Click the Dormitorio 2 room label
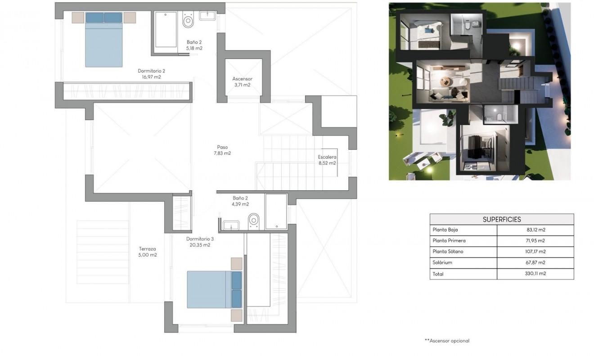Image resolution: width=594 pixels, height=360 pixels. click(151, 71)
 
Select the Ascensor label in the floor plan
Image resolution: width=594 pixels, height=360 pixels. click(242, 79)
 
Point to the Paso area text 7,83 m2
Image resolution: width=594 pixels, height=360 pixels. click(222, 153)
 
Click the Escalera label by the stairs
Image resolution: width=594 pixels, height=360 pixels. click(327, 157)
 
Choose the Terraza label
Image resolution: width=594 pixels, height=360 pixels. click(148, 249)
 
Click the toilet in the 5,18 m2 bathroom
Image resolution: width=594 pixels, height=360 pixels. click(188, 21)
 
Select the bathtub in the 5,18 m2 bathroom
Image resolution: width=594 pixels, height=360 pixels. click(166, 30)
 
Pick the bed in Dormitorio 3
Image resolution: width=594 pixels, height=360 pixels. click(214, 289)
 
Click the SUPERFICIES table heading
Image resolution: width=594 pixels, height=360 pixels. click(502, 220)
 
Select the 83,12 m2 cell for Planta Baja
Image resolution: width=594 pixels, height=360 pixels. click(535, 230)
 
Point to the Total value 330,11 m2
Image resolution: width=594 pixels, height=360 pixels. click(535, 274)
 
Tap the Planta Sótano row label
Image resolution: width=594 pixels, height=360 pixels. click(448, 252)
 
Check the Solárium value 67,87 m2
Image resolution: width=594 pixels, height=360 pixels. click(535, 263)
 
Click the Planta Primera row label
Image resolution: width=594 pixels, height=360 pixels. click(449, 241)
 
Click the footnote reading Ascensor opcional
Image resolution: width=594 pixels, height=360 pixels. click(447, 341)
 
